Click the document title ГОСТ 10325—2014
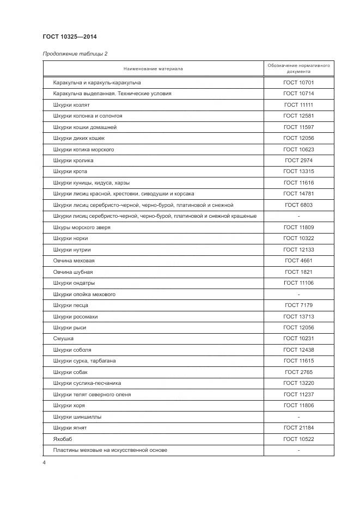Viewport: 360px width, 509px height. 70,37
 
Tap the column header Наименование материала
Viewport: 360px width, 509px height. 153,69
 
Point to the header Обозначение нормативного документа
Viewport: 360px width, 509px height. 298,69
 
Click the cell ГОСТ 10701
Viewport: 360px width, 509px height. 298,82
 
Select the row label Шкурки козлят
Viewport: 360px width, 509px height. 72,105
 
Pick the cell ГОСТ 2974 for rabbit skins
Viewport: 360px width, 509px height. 298,161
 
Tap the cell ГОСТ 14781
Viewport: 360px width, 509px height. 298,194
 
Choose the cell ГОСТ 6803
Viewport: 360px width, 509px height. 298,205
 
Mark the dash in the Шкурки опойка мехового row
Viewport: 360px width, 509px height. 298,295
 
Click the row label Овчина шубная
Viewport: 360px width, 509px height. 73,272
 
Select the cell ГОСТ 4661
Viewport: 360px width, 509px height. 298,261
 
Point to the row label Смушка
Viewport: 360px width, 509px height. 63,339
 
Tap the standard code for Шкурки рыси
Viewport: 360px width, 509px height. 298,328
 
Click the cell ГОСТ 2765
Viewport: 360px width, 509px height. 298,372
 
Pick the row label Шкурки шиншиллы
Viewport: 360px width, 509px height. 77,417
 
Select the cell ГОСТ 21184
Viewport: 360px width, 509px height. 298,428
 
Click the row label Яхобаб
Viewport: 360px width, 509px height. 63,439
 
